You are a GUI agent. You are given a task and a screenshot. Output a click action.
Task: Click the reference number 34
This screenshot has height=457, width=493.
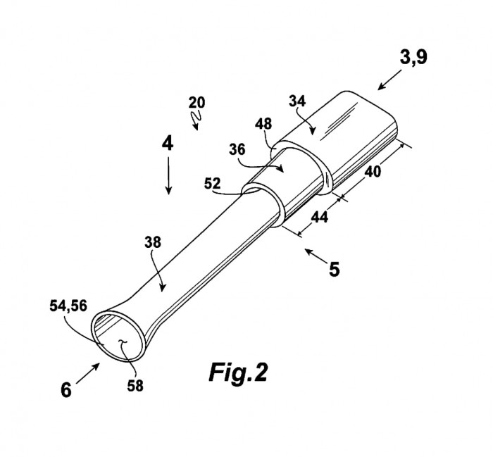297,101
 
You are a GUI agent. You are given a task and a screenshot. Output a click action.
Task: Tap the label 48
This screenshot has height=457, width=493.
263,124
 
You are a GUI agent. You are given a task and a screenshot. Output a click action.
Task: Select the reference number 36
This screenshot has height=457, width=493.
237,149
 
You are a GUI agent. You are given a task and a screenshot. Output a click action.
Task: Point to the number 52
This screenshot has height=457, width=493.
212,183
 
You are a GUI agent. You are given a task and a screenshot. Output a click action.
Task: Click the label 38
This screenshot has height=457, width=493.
153,242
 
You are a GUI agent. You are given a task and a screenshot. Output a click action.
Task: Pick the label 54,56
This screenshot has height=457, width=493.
68,306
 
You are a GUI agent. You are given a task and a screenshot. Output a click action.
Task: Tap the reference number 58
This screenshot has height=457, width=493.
135,386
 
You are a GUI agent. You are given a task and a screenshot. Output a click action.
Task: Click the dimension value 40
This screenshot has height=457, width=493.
373,172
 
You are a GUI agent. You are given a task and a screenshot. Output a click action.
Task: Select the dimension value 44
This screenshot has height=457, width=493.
320,217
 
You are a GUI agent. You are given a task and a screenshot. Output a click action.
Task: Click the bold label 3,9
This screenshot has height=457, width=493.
413,58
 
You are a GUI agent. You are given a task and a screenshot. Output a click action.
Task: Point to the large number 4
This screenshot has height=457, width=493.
168,144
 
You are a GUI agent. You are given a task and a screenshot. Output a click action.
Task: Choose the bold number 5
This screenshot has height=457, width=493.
335,270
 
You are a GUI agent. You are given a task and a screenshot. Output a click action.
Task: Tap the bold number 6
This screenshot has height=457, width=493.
66,390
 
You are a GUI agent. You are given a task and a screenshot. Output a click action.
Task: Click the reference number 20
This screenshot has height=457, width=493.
196,103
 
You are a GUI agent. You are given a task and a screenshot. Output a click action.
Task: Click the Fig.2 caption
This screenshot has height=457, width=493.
238,372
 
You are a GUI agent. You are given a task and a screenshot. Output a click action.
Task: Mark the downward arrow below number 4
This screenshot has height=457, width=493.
168,175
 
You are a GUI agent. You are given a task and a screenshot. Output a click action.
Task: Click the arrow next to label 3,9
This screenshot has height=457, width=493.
389,80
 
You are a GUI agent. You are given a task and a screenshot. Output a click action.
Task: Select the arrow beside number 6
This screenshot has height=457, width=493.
88,373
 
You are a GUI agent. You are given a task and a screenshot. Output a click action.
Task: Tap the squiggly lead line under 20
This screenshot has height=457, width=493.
196,120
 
